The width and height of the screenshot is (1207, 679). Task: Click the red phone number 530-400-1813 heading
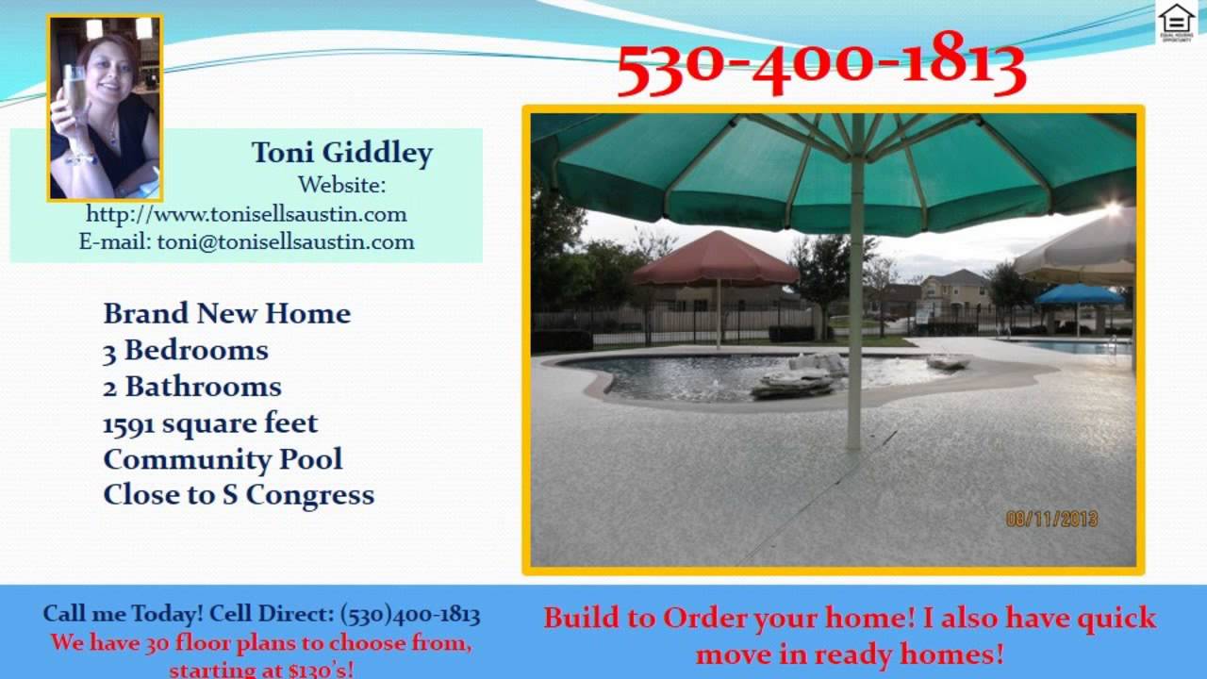pyautogui.click(x=820, y=64)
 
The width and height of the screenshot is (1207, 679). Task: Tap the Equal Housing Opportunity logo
pyautogui.click(x=1176, y=23)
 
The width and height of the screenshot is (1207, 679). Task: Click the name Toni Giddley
pyautogui.click(x=341, y=153)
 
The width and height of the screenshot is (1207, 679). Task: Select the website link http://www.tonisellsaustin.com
pyautogui.click(x=246, y=214)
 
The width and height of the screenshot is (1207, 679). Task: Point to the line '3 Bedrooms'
pyautogui.click(x=186, y=350)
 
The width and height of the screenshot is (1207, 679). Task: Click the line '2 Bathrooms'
pyautogui.click(x=192, y=387)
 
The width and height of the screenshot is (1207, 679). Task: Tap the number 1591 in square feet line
pyautogui.click(x=129, y=423)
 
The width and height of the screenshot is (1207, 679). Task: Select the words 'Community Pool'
pyautogui.click(x=223, y=459)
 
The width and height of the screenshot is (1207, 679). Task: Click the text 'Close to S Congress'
pyautogui.click(x=239, y=495)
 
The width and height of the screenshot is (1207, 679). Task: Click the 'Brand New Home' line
pyautogui.click(x=226, y=313)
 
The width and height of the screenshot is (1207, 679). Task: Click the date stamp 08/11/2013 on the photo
pyautogui.click(x=1051, y=519)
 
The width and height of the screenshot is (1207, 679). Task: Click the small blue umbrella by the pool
pyautogui.click(x=1079, y=294)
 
